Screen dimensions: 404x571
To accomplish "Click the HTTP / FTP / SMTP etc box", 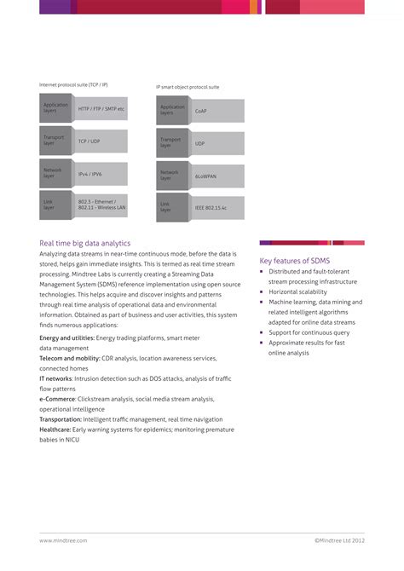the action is [x=101, y=109].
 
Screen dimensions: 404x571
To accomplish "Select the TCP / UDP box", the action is [x=101, y=141].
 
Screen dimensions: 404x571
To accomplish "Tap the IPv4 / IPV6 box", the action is [x=101, y=174].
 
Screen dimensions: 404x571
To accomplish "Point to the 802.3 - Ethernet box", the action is [x=101, y=205].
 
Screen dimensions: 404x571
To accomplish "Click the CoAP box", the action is [x=217, y=111].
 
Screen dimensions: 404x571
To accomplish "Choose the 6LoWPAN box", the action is [x=217, y=176].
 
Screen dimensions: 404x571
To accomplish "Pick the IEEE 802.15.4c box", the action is [x=217, y=208].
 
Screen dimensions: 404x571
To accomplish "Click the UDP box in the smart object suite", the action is [x=217, y=143].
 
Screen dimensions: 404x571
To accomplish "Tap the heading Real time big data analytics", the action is [x=84, y=243].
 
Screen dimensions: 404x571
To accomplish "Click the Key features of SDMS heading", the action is [x=294, y=260].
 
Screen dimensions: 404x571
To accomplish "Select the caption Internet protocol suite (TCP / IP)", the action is [x=73, y=84].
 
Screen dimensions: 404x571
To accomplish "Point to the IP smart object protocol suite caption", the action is [x=188, y=86].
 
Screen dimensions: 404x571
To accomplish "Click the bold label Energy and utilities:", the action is [x=66, y=337].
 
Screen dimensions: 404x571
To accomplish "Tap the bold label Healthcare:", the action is [x=55, y=430].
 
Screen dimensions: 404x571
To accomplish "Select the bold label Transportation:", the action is [x=61, y=419].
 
